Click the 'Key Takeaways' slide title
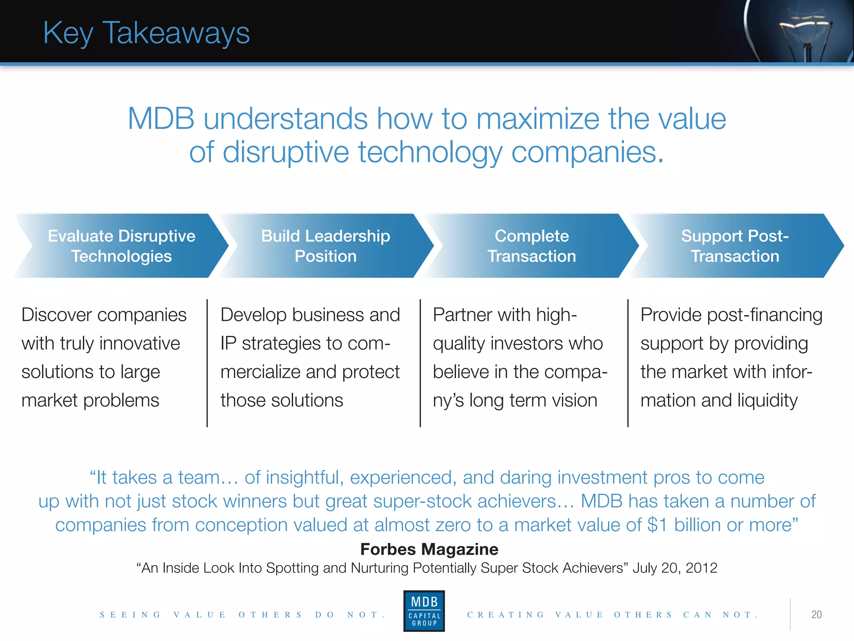(x=146, y=33)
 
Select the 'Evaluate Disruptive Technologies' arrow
(x=121, y=246)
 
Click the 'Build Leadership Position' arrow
(x=326, y=246)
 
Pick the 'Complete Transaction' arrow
(x=532, y=246)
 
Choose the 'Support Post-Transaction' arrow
(x=735, y=246)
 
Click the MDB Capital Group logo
(x=424, y=611)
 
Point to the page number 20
(x=816, y=614)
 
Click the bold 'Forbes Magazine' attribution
(x=429, y=549)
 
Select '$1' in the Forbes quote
(x=658, y=525)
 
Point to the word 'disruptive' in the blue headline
(x=286, y=152)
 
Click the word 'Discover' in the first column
(x=56, y=315)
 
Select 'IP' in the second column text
(x=228, y=344)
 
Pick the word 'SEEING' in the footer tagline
(x=130, y=615)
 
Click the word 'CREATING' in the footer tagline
(x=506, y=615)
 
